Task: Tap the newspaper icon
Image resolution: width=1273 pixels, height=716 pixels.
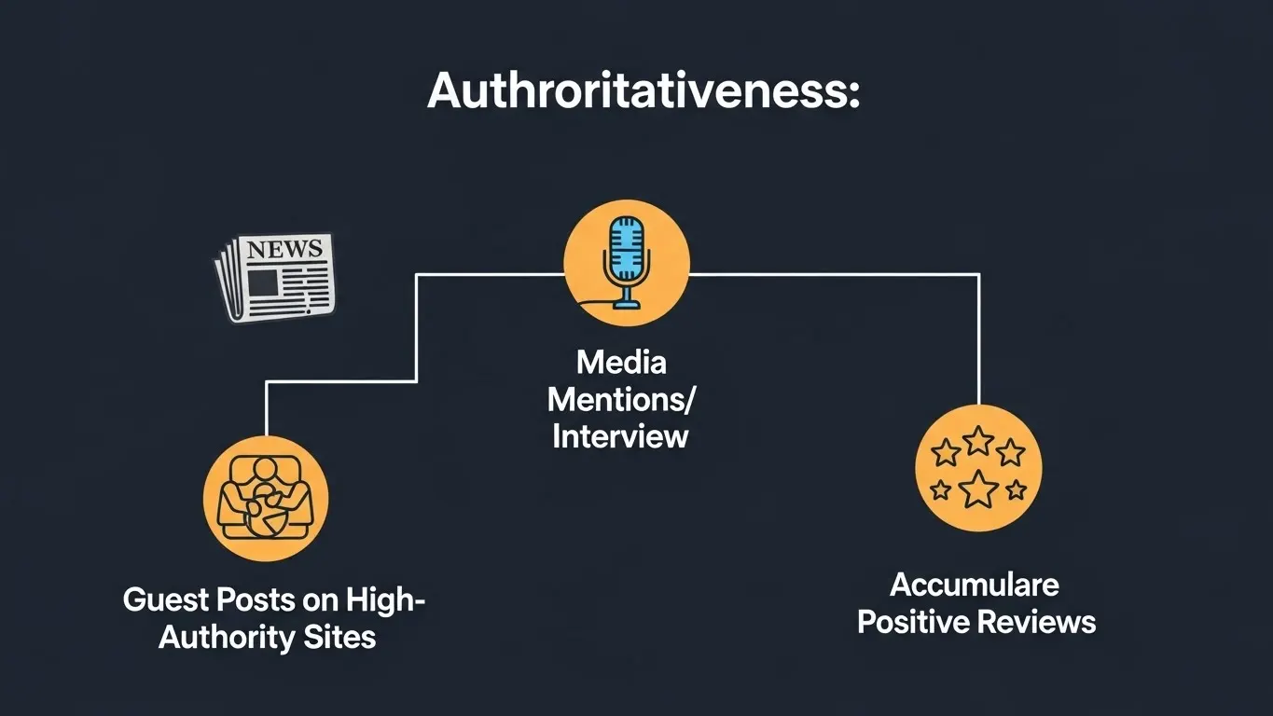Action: click(x=274, y=278)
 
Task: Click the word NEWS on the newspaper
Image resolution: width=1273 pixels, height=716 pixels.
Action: click(x=284, y=249)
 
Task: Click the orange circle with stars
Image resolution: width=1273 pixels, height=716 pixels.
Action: click(x=978, y=468)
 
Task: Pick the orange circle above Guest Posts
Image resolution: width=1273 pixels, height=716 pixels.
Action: click(x=266, y=498)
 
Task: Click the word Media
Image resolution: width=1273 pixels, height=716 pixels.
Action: click(x=621, y=362)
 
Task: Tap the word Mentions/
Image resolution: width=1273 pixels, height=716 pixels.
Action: click(x=621, y=399)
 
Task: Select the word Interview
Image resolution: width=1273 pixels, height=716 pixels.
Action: click(x=621, y=435)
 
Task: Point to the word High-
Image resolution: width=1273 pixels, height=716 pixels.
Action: click(x=385, y=599)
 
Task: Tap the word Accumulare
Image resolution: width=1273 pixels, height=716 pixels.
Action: click(x=975, y=585)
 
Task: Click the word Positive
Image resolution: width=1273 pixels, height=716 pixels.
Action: click(x=913, y=622)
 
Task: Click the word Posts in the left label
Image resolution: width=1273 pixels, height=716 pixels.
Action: click(x=250, y=599)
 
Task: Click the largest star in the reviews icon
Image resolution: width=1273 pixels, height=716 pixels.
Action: click(x=978, y=489)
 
